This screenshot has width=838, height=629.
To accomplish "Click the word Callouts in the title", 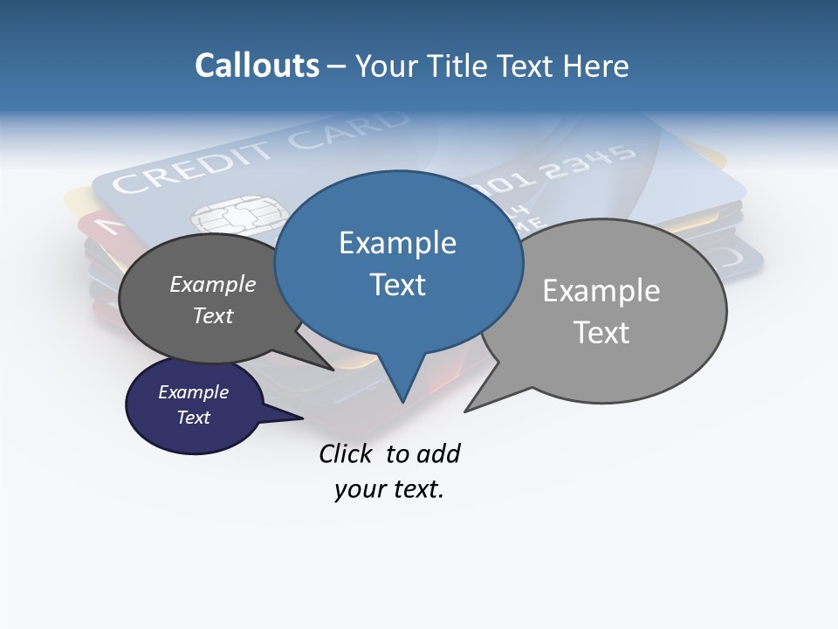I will [257, 66].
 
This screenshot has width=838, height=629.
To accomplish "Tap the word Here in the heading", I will [595, 66].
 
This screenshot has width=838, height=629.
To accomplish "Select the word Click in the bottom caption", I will [347, 453].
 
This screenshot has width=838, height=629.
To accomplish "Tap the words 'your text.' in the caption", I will [389, 490].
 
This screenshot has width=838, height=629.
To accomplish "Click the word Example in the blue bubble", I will [397, 243].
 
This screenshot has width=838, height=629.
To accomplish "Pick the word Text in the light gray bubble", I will [601, 333].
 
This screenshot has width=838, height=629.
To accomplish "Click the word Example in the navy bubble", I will [193, 392].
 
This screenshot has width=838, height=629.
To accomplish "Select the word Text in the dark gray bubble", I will [213, 315].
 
